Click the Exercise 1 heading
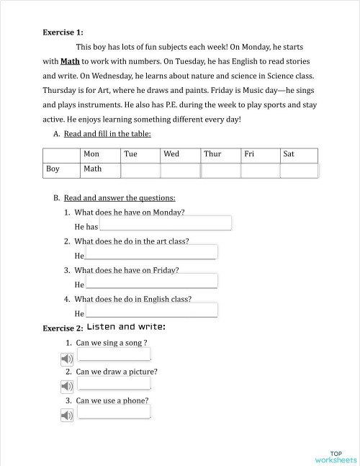[63, 32]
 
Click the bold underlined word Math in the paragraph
[70, 61]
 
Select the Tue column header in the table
[130, 154]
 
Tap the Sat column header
[289, 154]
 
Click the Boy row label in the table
[53, 170]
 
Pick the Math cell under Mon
[92, 170]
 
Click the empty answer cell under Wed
[180, 171]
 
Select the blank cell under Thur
[220, 171]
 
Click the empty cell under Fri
[260, 171]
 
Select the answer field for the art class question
[151, 252]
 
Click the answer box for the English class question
[151, 310]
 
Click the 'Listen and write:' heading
[126, 327]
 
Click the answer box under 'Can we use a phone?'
[114, 412]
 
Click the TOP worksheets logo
[336, 456]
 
